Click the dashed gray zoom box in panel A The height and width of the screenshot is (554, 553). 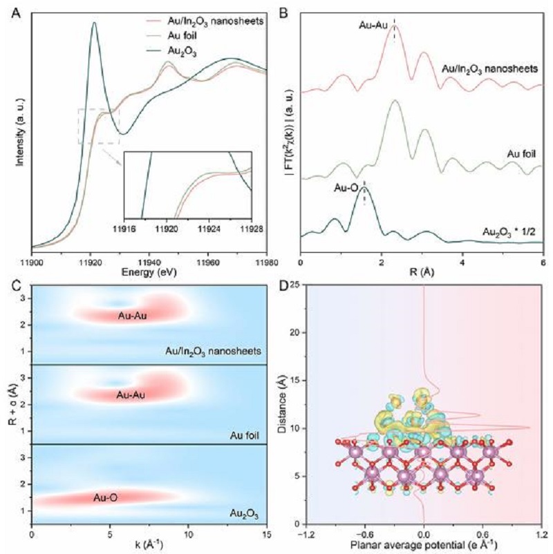click(99, 126)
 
